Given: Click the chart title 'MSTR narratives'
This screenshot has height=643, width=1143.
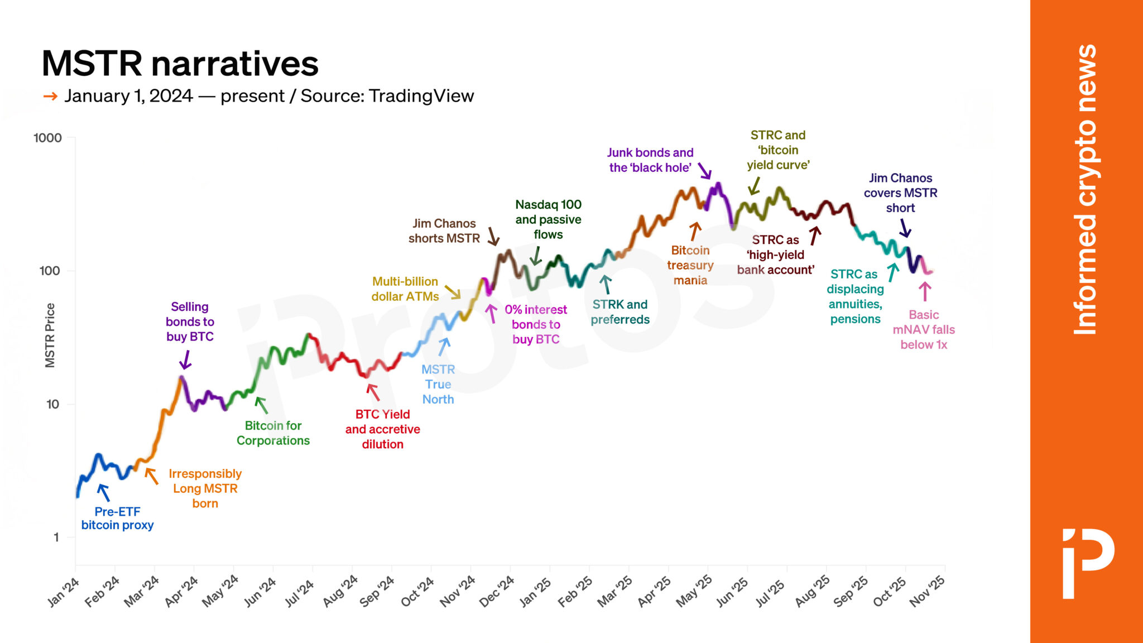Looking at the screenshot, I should pos(180,64).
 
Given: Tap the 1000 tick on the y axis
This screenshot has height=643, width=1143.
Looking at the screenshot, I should pos(47,138).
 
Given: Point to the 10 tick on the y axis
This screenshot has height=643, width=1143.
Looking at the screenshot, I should pos(52,404).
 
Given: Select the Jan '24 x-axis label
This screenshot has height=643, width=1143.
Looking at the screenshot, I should pos(63,592).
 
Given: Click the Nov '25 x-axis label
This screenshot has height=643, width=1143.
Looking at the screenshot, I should pos(927,591).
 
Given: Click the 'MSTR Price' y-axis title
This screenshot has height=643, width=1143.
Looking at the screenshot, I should pos(50,335).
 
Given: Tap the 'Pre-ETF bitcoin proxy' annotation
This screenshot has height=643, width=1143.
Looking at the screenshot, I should pos(117,519).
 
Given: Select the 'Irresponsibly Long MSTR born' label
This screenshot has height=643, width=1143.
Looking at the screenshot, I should pos(205,488).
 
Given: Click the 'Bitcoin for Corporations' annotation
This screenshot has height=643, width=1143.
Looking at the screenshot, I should pos(273,433).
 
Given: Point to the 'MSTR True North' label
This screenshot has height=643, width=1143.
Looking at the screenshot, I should pos(438,384).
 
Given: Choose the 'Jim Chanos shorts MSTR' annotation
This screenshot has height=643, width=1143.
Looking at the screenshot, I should pos(444,231).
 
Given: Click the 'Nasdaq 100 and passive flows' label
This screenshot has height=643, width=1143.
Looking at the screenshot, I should pos(548,219).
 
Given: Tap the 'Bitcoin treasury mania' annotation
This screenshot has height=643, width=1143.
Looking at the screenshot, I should pos(690,265).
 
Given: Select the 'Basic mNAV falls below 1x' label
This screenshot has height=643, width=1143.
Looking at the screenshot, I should pos(924,330).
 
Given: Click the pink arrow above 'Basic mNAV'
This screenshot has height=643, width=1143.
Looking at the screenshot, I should pos(925,291).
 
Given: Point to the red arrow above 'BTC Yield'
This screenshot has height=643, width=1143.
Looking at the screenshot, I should pos(373,392).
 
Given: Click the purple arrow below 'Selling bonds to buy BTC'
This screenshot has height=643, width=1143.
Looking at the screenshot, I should pos(186,360).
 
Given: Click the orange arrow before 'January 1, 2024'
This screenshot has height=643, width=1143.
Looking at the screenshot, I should pos(50,97).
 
